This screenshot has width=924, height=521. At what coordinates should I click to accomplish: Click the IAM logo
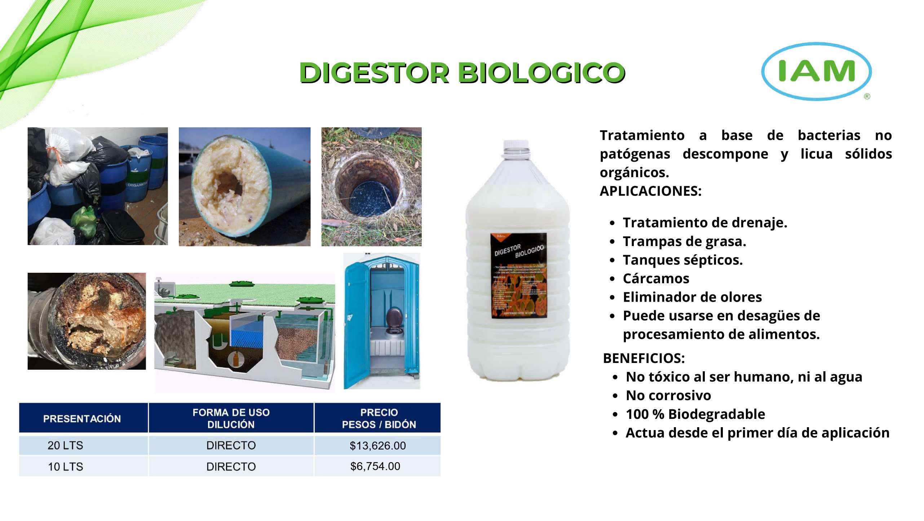pos(816,71)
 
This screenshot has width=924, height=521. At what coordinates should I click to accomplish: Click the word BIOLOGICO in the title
pos(541,73)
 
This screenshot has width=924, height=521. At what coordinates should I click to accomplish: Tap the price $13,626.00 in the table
pos(377,446)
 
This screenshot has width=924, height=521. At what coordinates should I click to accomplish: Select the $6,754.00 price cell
pos(375,466)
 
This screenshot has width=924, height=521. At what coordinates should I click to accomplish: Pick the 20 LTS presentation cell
pos(65,446)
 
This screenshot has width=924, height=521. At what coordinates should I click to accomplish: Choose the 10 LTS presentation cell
pos(65,467)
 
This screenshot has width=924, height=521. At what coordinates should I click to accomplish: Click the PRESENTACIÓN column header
pos(82,419)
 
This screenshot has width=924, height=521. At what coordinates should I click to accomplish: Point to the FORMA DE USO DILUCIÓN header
pos(231,418)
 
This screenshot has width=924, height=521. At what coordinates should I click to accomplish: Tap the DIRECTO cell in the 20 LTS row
pos(231,446)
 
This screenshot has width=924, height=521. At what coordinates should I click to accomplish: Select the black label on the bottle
pos(519,276)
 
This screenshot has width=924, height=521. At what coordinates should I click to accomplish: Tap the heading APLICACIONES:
pos(650,191)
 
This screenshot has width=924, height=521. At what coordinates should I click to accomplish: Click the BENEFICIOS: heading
pos(644,358)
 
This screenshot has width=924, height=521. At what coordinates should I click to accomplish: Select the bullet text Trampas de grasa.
pos(684,241)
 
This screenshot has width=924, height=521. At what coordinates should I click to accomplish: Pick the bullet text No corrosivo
pos(668,395)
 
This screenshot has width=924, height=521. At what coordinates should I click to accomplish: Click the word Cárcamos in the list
pos(656,279)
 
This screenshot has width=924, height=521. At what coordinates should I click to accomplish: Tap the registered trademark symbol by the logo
pos(867,96)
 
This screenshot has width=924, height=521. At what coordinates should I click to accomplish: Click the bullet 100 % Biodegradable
pos(695,414)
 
